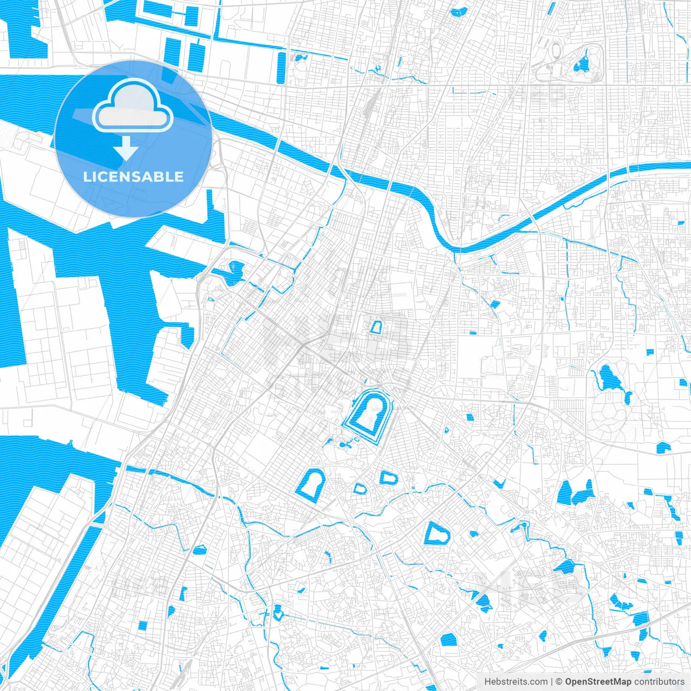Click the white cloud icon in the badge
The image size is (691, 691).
click(133, 106)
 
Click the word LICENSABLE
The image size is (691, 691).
click(133, 177)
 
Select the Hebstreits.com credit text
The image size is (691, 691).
click(516, 682)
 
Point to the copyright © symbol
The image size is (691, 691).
click(559, 682)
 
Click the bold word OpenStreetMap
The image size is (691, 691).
click(598, 682)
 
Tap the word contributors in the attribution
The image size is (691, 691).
click(659, 682)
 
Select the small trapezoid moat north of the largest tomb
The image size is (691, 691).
click(376, 327)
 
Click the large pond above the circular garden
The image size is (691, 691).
click(610, 378)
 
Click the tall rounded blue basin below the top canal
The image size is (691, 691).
click(281, 67)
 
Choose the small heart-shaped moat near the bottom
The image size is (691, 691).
click(278, 612)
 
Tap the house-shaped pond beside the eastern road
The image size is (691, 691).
click(663, 447)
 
